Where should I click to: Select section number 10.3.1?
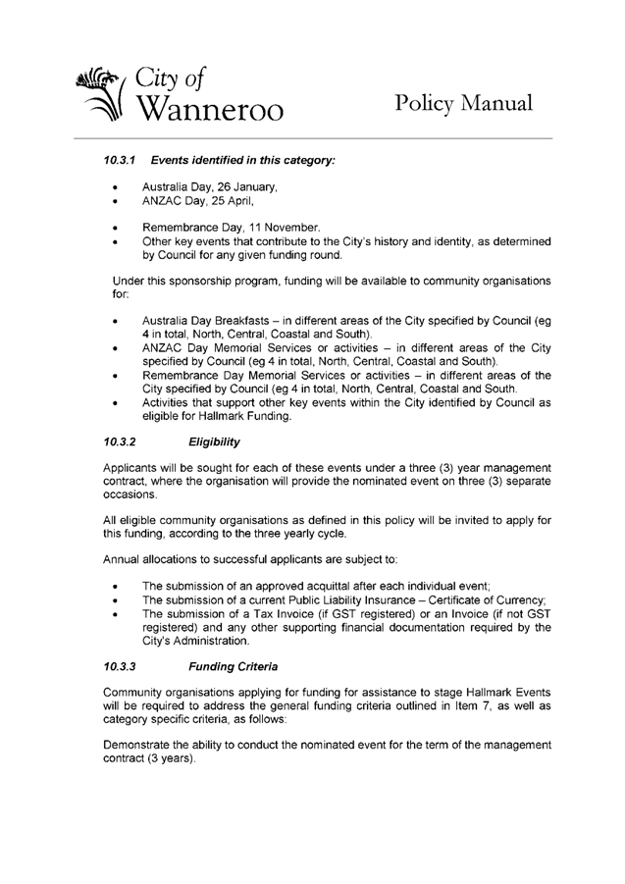click(x=124, y=159)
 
